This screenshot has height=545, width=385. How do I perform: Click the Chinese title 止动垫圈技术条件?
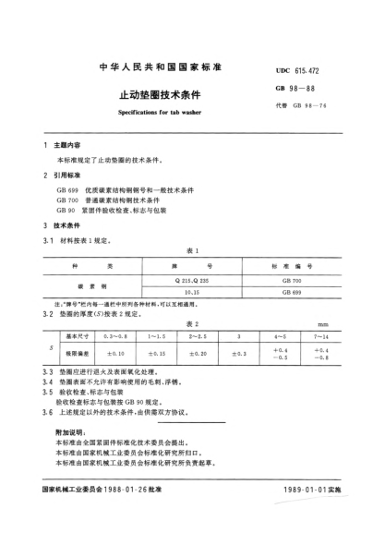point(152,94)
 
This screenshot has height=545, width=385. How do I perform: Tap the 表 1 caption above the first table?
point(192,250)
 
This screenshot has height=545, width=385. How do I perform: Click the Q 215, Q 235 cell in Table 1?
point(191,279)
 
